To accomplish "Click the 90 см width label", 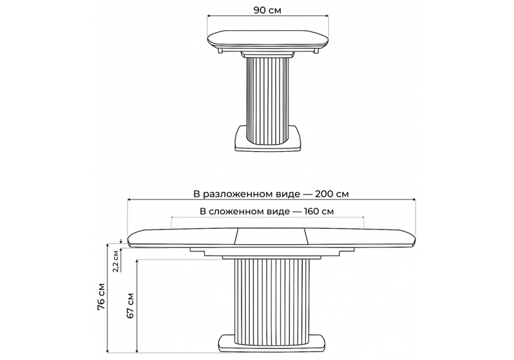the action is pos(267,10).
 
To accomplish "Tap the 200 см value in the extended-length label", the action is pos(332,194).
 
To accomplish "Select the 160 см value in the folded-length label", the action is pos(319,212).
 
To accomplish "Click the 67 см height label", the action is pos(130,305).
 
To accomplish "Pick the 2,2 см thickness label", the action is pos(116,261).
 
